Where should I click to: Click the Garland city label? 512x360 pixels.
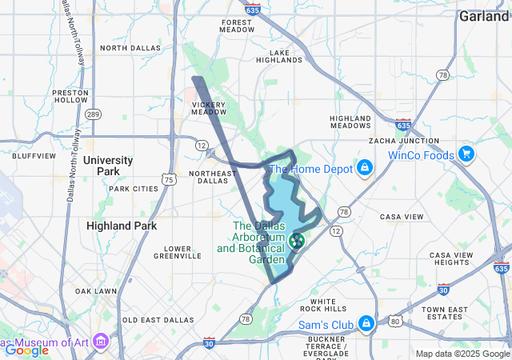[485, 15]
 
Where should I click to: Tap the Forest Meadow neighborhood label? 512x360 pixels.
[237, 26]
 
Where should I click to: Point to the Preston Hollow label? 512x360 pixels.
[70, 96]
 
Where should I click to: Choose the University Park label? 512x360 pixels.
[113, 166]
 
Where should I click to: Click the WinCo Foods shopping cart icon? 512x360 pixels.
[466, 155]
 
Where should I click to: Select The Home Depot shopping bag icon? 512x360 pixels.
[365, 168]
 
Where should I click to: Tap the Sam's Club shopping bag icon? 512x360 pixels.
[366, 324]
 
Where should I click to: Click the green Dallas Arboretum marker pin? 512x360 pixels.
[298, 240]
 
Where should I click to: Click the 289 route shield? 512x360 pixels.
[94, 115]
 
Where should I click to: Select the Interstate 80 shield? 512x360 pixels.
[395, 321]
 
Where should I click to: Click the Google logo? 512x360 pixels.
[26, 350]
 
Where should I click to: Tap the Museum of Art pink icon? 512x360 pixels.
[101, 344]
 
